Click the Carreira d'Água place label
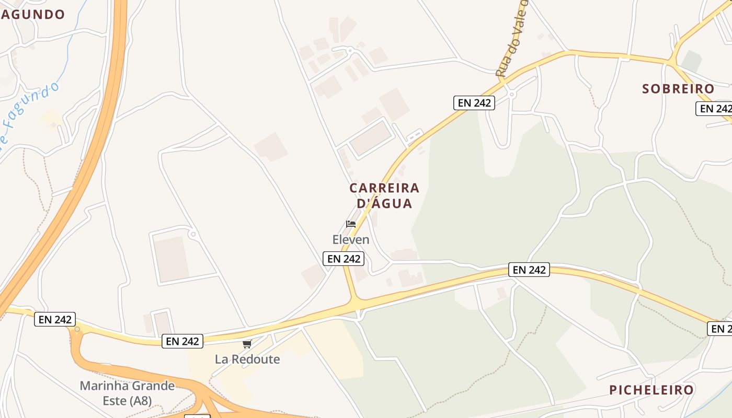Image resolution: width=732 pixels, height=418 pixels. tap(384, 195)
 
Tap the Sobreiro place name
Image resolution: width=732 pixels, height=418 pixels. tap(678, 89)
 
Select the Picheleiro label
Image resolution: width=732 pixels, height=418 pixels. tap(651, 390)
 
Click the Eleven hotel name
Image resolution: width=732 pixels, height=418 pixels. tap(351, 240)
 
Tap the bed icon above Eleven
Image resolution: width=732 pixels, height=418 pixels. tap(351, 224)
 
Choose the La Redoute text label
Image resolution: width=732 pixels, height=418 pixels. tap(247, 359)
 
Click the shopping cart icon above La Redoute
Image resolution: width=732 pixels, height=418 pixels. tap(247, 344)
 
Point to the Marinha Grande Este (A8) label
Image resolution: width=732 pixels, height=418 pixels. tap(127, 393)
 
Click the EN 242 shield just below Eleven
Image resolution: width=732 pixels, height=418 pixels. tap(343, 258)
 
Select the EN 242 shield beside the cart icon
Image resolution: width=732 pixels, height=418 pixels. tap(182, 341)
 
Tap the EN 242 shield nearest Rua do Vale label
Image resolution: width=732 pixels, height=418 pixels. tap(474, 103)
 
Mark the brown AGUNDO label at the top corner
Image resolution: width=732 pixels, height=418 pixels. tap(32, 15)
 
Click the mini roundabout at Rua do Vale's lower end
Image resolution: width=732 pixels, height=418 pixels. tap(512, 94)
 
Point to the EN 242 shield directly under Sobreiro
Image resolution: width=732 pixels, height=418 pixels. tap(714, 109)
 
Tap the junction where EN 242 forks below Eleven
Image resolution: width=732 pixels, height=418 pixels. tap(356, 302)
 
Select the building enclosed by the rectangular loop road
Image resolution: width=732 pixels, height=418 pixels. tap(371, 139)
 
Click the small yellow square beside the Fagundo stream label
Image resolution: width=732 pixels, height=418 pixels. tap(51, 119)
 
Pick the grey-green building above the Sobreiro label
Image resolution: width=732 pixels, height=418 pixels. tap(691, 61)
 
